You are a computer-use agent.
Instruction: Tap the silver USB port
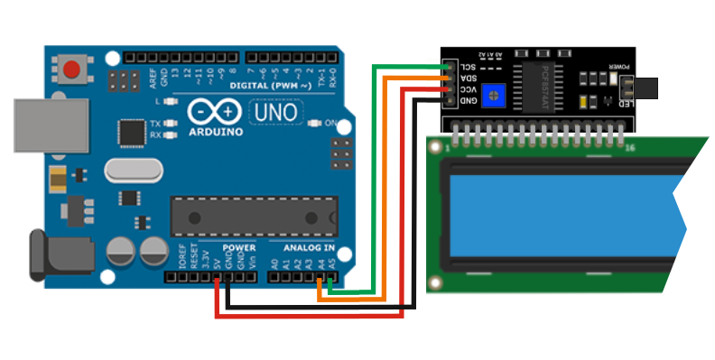click(x=51, y=125)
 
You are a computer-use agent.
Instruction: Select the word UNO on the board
click(x=274, y=114)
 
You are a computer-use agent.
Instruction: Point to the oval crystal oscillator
click(x=132, y=170)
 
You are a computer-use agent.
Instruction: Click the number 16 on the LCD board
click(x=629, y=147)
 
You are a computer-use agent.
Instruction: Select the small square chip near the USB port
click(x=132, y=132)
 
